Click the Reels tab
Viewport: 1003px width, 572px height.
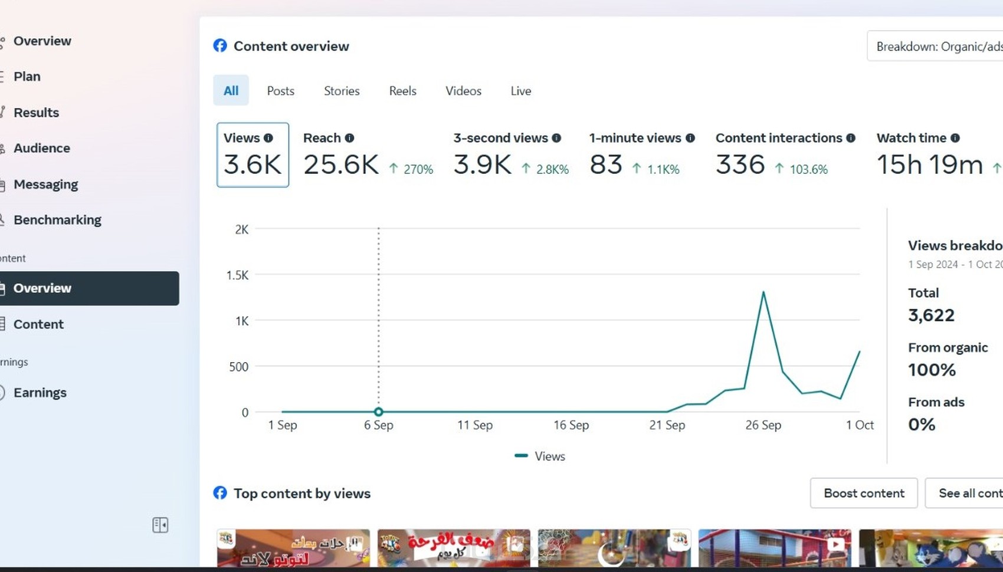402,91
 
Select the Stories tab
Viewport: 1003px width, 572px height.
342,91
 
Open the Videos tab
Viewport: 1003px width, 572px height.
463,91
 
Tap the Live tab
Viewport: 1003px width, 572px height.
520,91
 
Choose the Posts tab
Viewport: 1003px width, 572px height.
280,91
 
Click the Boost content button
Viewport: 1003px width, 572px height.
863,493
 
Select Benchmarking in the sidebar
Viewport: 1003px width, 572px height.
57,220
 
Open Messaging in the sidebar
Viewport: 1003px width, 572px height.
45,185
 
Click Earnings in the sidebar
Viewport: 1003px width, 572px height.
40,393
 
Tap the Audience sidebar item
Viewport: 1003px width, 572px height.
41,148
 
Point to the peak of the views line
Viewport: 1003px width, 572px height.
763,292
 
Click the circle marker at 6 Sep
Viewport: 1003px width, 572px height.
379,412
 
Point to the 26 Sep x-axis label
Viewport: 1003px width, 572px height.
763,425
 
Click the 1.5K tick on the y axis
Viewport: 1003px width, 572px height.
237,275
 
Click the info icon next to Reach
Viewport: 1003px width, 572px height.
349,138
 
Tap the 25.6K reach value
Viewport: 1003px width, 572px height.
340,165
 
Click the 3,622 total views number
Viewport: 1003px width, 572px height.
931,315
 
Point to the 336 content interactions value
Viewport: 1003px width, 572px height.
740,165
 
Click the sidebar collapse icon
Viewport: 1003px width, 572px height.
160,525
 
